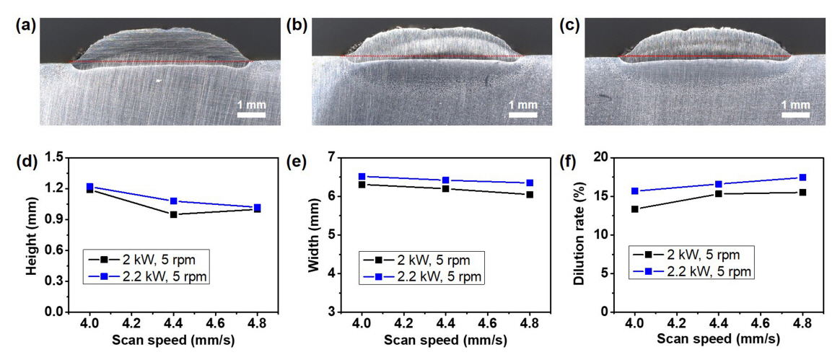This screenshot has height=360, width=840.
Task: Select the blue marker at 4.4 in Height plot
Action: coord(173,201)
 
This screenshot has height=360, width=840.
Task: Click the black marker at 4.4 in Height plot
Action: coord(173,214)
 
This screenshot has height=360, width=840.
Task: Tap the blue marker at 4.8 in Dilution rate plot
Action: coord(802,177)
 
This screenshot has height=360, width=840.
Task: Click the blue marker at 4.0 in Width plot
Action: coord(362,176)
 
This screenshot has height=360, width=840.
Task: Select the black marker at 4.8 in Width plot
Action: coord(530,194)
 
